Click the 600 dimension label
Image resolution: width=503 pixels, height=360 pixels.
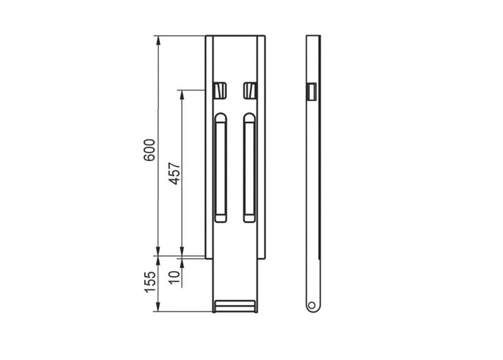coord(150,150)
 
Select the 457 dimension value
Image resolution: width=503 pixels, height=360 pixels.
coord(175,173)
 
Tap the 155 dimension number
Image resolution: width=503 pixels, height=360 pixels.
coord(150,282)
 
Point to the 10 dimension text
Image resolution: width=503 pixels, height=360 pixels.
coord(175,278)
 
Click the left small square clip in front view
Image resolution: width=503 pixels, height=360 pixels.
coord(220,91)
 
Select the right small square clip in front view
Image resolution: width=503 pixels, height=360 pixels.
coord(250,91)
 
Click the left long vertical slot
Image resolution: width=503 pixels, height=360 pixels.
coord(221,167)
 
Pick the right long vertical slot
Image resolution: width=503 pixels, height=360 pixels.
coord(250,167)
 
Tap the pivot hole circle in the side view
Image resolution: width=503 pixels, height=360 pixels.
coord(311,305)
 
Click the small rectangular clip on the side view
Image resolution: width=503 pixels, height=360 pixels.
coord(312,92)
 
